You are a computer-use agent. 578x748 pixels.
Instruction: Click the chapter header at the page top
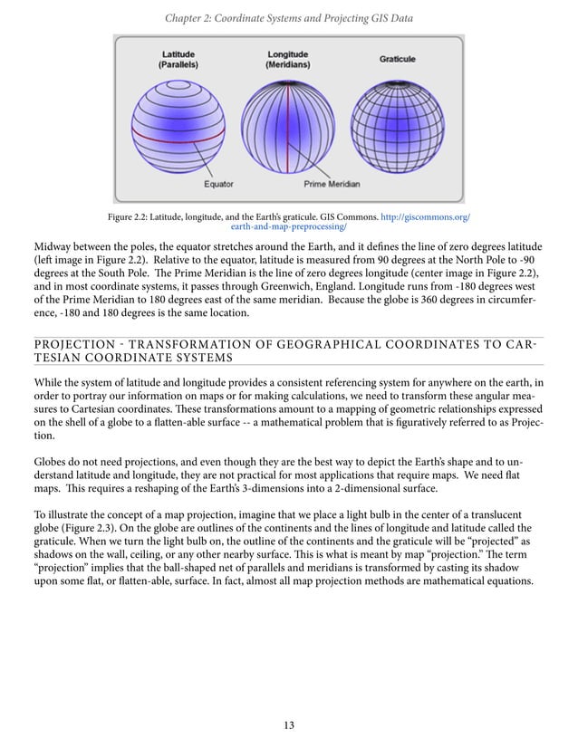[x=289, y=12]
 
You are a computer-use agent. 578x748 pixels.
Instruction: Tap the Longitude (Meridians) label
[x=287, y=60]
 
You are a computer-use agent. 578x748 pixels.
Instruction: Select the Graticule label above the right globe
[x=397, y=59]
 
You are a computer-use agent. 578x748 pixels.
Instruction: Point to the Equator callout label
[x=218, y=185]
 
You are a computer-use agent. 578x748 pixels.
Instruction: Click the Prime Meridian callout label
[x=331, y=185]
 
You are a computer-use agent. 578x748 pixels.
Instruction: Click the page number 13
[x=289, y=724]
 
